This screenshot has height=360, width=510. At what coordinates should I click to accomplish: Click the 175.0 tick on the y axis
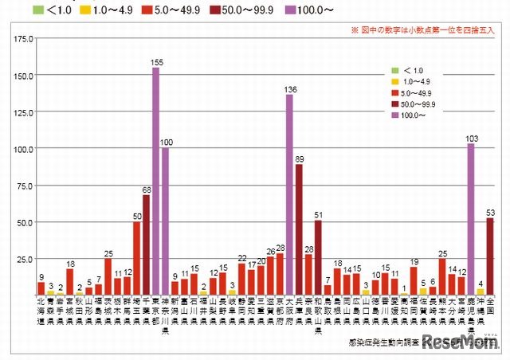point(23,38)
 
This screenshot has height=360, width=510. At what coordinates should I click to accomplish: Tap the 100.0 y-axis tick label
point(23,149)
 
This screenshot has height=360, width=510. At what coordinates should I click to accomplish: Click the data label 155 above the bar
point(156,61)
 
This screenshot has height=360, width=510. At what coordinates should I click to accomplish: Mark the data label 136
point(289,88)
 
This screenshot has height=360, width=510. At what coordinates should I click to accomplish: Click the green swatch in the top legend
point(37,10)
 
